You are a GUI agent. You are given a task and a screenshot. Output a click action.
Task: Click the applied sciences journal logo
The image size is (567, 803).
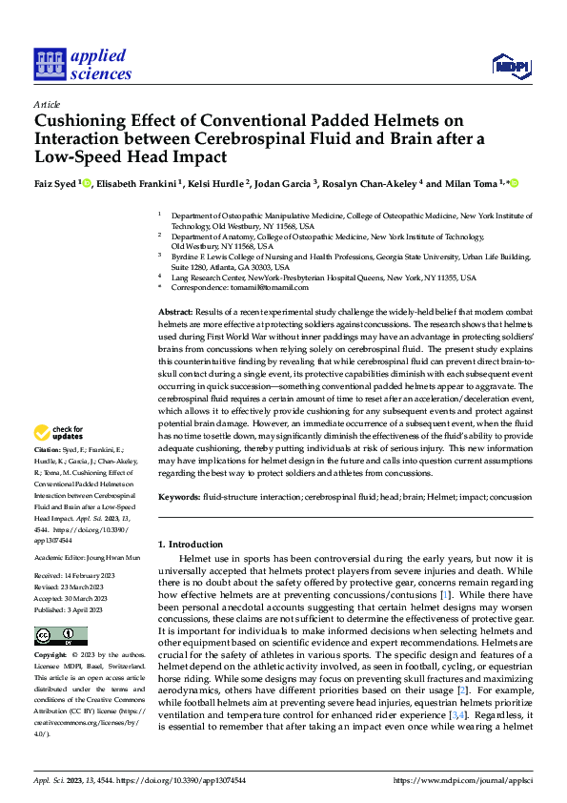point(84,65)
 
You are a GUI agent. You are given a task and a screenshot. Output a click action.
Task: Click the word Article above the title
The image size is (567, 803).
point(47,104)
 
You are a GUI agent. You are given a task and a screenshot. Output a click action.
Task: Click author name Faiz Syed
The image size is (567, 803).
point(56,183)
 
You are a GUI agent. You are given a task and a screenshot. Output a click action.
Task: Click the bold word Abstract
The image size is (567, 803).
point(173,313)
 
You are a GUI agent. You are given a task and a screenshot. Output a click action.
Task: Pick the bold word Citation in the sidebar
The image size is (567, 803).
point(47,448)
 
